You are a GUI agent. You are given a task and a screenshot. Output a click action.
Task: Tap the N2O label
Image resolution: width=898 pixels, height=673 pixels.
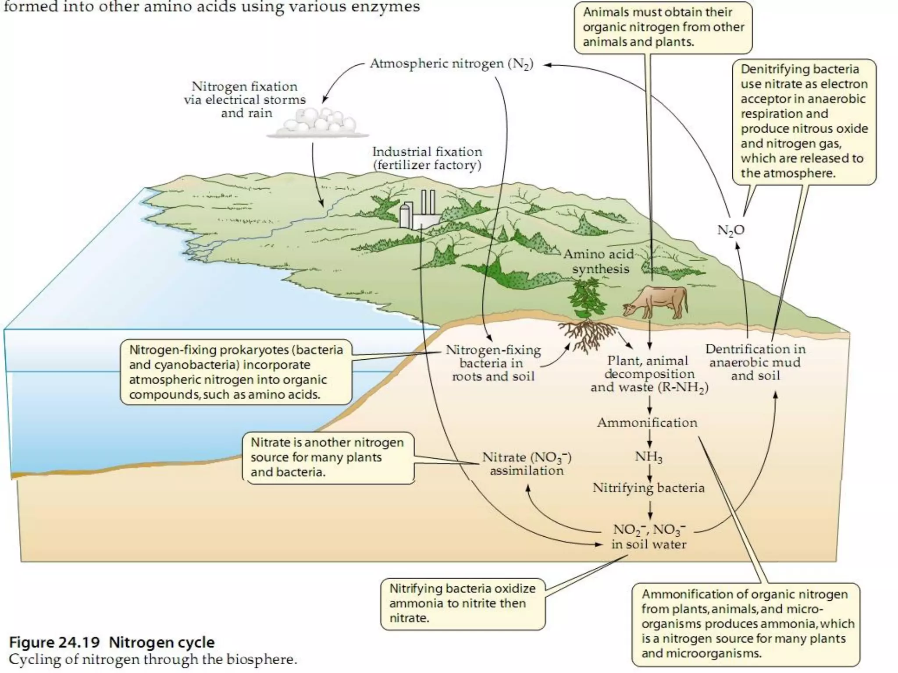(731, 230)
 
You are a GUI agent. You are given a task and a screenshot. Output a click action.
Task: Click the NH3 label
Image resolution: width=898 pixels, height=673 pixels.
(649, 457)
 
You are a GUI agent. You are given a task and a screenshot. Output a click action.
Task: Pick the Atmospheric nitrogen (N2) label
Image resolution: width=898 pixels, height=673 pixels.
(452, 64)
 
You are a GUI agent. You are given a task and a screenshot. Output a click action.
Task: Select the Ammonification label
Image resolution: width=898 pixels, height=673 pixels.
(647, 422)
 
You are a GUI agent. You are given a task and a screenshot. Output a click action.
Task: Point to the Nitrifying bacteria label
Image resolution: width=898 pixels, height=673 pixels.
(649, 488)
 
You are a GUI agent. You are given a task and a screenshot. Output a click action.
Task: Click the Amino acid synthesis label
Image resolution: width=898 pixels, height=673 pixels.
(599, 262)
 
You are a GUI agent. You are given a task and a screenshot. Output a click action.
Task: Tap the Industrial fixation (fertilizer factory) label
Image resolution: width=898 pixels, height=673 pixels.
(427, 158)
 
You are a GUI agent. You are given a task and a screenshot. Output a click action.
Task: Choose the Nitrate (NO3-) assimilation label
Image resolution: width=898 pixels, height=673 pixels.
(527, 464)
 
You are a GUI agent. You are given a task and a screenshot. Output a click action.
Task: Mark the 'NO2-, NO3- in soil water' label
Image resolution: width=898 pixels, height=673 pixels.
(649, 537)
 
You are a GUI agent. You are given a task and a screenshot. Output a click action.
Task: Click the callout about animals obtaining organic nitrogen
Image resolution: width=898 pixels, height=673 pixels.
(663, 27)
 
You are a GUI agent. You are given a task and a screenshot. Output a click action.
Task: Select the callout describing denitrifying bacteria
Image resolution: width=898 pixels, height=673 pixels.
(804, 121)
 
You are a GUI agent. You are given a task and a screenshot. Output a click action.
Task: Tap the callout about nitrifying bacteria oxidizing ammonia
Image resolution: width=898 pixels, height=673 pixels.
(463, 603)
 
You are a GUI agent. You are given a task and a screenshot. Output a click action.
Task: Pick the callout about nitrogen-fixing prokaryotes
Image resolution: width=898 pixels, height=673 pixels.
(236, 372)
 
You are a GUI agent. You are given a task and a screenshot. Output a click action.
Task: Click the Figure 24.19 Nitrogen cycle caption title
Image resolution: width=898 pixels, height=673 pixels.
(112, 642)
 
